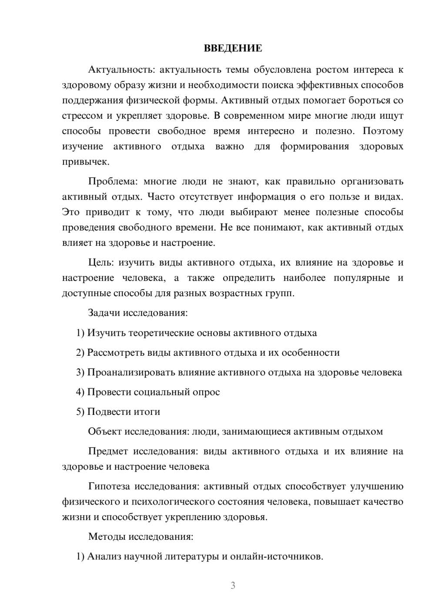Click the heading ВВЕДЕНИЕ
click(x=233, y=48)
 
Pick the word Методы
click(x=107, y=536)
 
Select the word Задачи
click(x=104, y=313)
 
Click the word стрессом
click(x=82, y=116)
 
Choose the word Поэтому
click(x=383, y=131)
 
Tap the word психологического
click(x=176, y=501)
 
